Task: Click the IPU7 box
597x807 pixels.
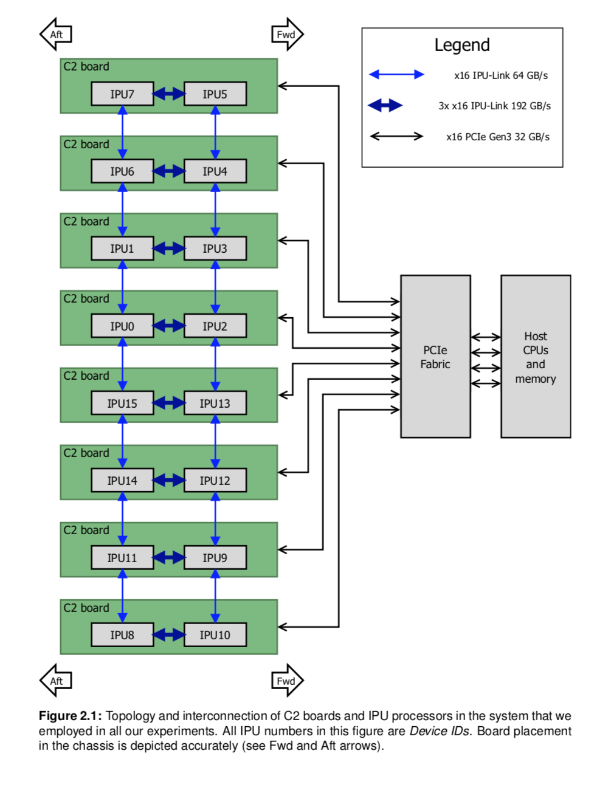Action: (122, 94)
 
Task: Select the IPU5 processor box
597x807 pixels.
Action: (215, 94)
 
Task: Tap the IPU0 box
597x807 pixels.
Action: (122, 326)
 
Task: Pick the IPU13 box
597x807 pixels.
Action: (215, 403)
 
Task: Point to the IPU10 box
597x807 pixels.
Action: (215, 635)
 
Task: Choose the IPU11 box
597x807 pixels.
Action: (122, 558)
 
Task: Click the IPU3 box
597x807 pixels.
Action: (215, 249)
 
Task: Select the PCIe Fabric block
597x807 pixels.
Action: (435, 357)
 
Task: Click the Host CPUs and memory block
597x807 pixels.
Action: (536, 357)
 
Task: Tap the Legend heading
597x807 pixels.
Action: (462, 45)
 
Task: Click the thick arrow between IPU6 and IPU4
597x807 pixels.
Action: (169, 171)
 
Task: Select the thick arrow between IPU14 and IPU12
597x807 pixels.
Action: (169, 481)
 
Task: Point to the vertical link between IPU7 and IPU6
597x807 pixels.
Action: (123, 132)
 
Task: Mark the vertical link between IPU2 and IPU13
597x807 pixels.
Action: (215, 365)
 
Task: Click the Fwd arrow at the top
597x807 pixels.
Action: (287, 35)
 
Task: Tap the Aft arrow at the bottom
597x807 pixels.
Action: (56, 681)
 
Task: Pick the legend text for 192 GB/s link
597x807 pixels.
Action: (494, 106)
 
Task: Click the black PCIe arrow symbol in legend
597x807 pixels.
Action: (396, 136)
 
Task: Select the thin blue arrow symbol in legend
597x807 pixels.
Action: (396, 75)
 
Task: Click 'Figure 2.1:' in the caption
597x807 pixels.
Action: (70, 716)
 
